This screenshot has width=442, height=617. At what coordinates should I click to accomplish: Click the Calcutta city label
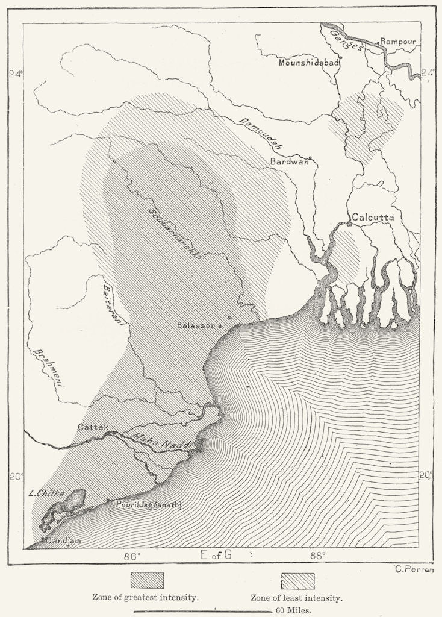373,216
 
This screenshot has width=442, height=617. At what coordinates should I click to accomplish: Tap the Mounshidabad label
308,62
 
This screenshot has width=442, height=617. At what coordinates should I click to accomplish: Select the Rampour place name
399,43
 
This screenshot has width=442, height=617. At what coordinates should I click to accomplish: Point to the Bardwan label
289,161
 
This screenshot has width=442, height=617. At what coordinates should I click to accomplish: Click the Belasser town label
196,325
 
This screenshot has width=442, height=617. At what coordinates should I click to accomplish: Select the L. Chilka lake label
45,493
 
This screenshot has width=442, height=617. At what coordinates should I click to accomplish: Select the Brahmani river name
51,368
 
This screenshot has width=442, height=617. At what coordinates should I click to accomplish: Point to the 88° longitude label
317,555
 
